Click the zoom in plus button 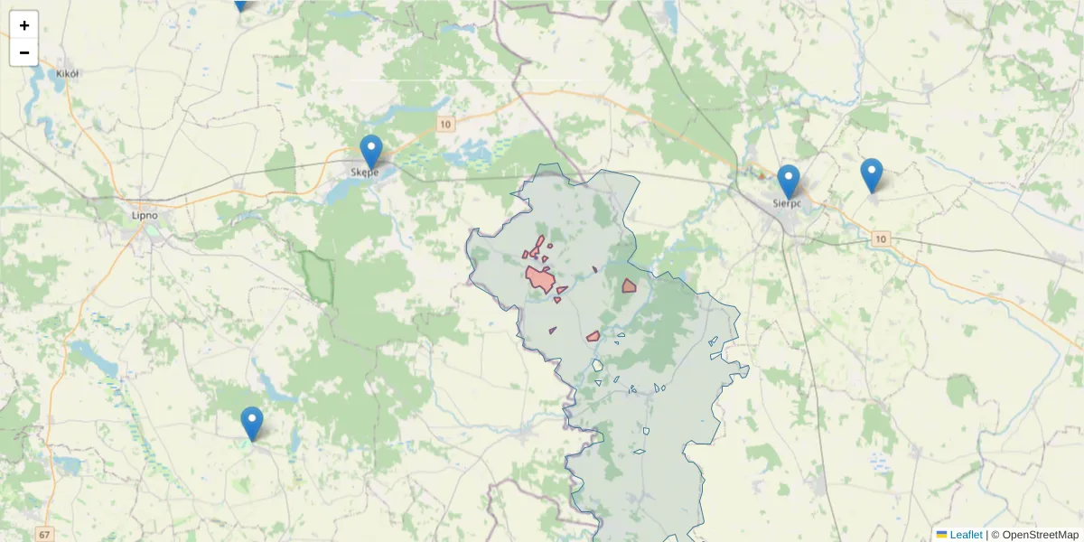[x=24, y=25]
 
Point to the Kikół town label [x=69, y=73]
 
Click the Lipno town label [x=145, y=215]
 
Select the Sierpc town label [x=788, y=203]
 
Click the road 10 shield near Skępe [x=444, y=124]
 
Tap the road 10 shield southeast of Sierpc [x=882, y=238]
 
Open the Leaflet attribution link [x=966, y=535]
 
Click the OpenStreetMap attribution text [x=1035, y=535]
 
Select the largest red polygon [x=540, y=279]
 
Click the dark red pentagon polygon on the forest [x=629, y=286]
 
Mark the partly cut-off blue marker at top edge [x=240, y=4]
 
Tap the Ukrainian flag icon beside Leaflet [x=942, y=535]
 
